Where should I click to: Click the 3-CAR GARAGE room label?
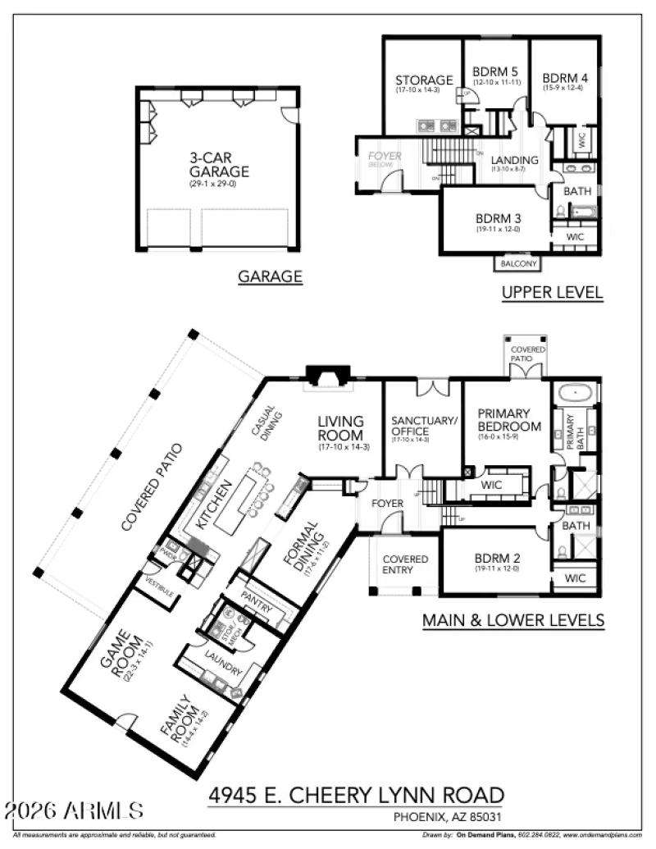(218, 165)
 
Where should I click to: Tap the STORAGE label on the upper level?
(424, 80)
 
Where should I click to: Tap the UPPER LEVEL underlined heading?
(552, 292)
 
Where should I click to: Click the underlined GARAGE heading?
(270, 277)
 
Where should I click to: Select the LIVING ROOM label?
(341, 428)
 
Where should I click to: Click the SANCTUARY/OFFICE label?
(423, 426)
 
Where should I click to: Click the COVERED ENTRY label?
(405, 564)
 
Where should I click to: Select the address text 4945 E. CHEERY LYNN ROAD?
(356, 795)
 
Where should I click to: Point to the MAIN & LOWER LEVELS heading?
(513, 620)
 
